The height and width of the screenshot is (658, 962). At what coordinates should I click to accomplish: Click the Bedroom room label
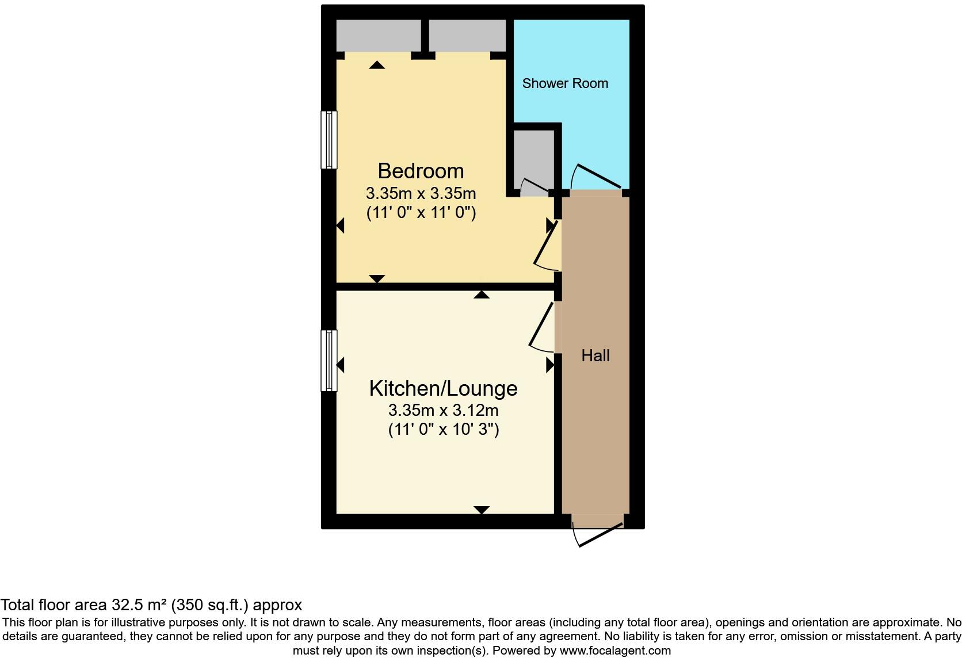pos(421,171)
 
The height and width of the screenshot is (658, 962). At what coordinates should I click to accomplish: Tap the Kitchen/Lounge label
pos(443,388)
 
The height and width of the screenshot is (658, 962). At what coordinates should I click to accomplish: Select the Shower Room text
pos(565,83)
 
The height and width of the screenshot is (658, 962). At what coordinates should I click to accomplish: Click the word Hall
pos(595,355)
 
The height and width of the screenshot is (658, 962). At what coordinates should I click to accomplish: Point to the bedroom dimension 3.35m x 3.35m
pos(421,193)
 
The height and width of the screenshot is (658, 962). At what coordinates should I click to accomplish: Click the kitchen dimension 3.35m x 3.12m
pos(443,410)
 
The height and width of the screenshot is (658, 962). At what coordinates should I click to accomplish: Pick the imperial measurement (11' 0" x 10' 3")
pos(443,429)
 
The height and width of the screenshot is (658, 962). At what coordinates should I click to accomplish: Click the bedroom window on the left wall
pos(329,140)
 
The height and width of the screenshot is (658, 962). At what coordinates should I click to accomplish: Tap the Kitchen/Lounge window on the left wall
pos(329,361)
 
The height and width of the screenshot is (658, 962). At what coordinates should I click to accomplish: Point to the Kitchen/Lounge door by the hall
pos(543,327)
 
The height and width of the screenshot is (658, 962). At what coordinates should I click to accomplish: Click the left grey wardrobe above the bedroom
pos(378,36)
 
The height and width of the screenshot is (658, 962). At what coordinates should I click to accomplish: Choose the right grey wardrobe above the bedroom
pos(467,36)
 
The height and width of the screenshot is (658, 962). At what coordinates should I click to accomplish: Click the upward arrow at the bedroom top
pos(377,65)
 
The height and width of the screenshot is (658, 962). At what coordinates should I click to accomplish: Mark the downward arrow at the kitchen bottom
pos(482,510)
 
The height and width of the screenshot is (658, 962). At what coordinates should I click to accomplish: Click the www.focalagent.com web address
pos(614,651)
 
